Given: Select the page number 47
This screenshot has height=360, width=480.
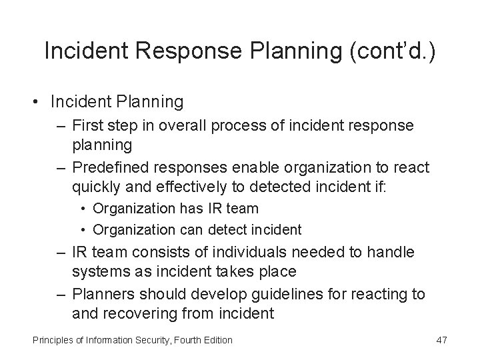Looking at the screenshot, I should [x=441, y=340].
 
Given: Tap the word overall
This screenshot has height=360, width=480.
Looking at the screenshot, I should [x=197, y=125].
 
